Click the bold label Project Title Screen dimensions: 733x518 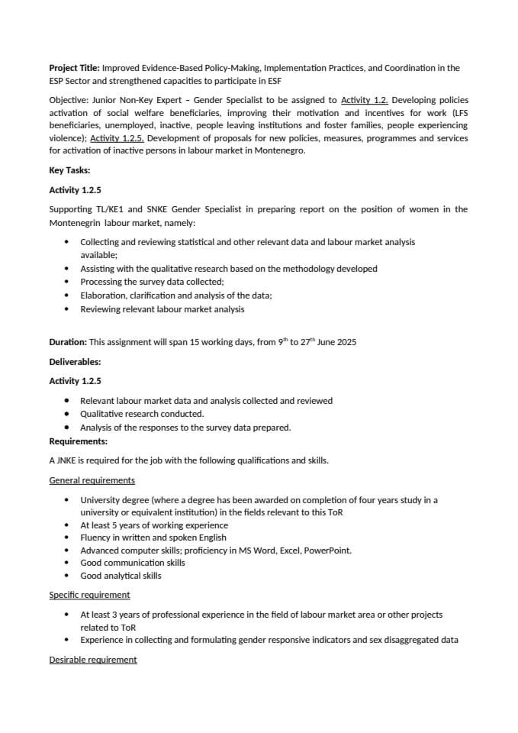[74, 68]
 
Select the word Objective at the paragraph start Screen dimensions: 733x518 [68, 100]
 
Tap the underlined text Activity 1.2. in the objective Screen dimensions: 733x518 [365, 100]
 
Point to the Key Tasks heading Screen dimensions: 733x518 [69, 170]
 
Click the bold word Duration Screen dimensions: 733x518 [67, 342]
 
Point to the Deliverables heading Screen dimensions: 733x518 [75, 362]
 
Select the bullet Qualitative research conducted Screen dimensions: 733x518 [142, 414]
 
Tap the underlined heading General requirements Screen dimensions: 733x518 [92, 480]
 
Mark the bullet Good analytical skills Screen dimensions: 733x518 [121, 576]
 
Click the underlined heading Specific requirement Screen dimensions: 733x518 [89, 595]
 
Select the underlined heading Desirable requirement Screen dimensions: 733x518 [93, 660]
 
